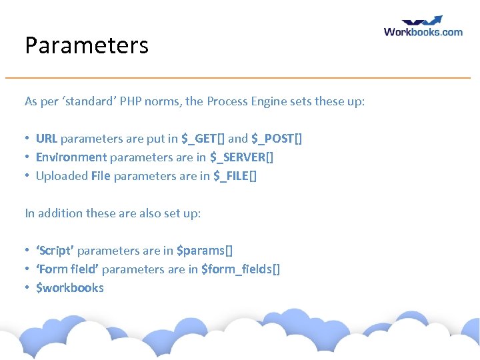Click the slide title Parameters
[x=87, y=45]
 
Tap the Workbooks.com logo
[x=423, y=27]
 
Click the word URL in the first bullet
[x=47, y=139]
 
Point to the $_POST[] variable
[x=277, y=139]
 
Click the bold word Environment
[x=71, y=157]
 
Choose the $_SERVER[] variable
[x=241, y=157]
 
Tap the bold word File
[x=101, y=176]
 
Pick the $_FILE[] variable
[x=235, y=176]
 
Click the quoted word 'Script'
[x=55, y=251]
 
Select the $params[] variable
[x=205, y=251]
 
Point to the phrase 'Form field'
[x=67, y=269]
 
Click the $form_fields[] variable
[x=241, y=269]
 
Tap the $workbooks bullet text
[x=70, y=288]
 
